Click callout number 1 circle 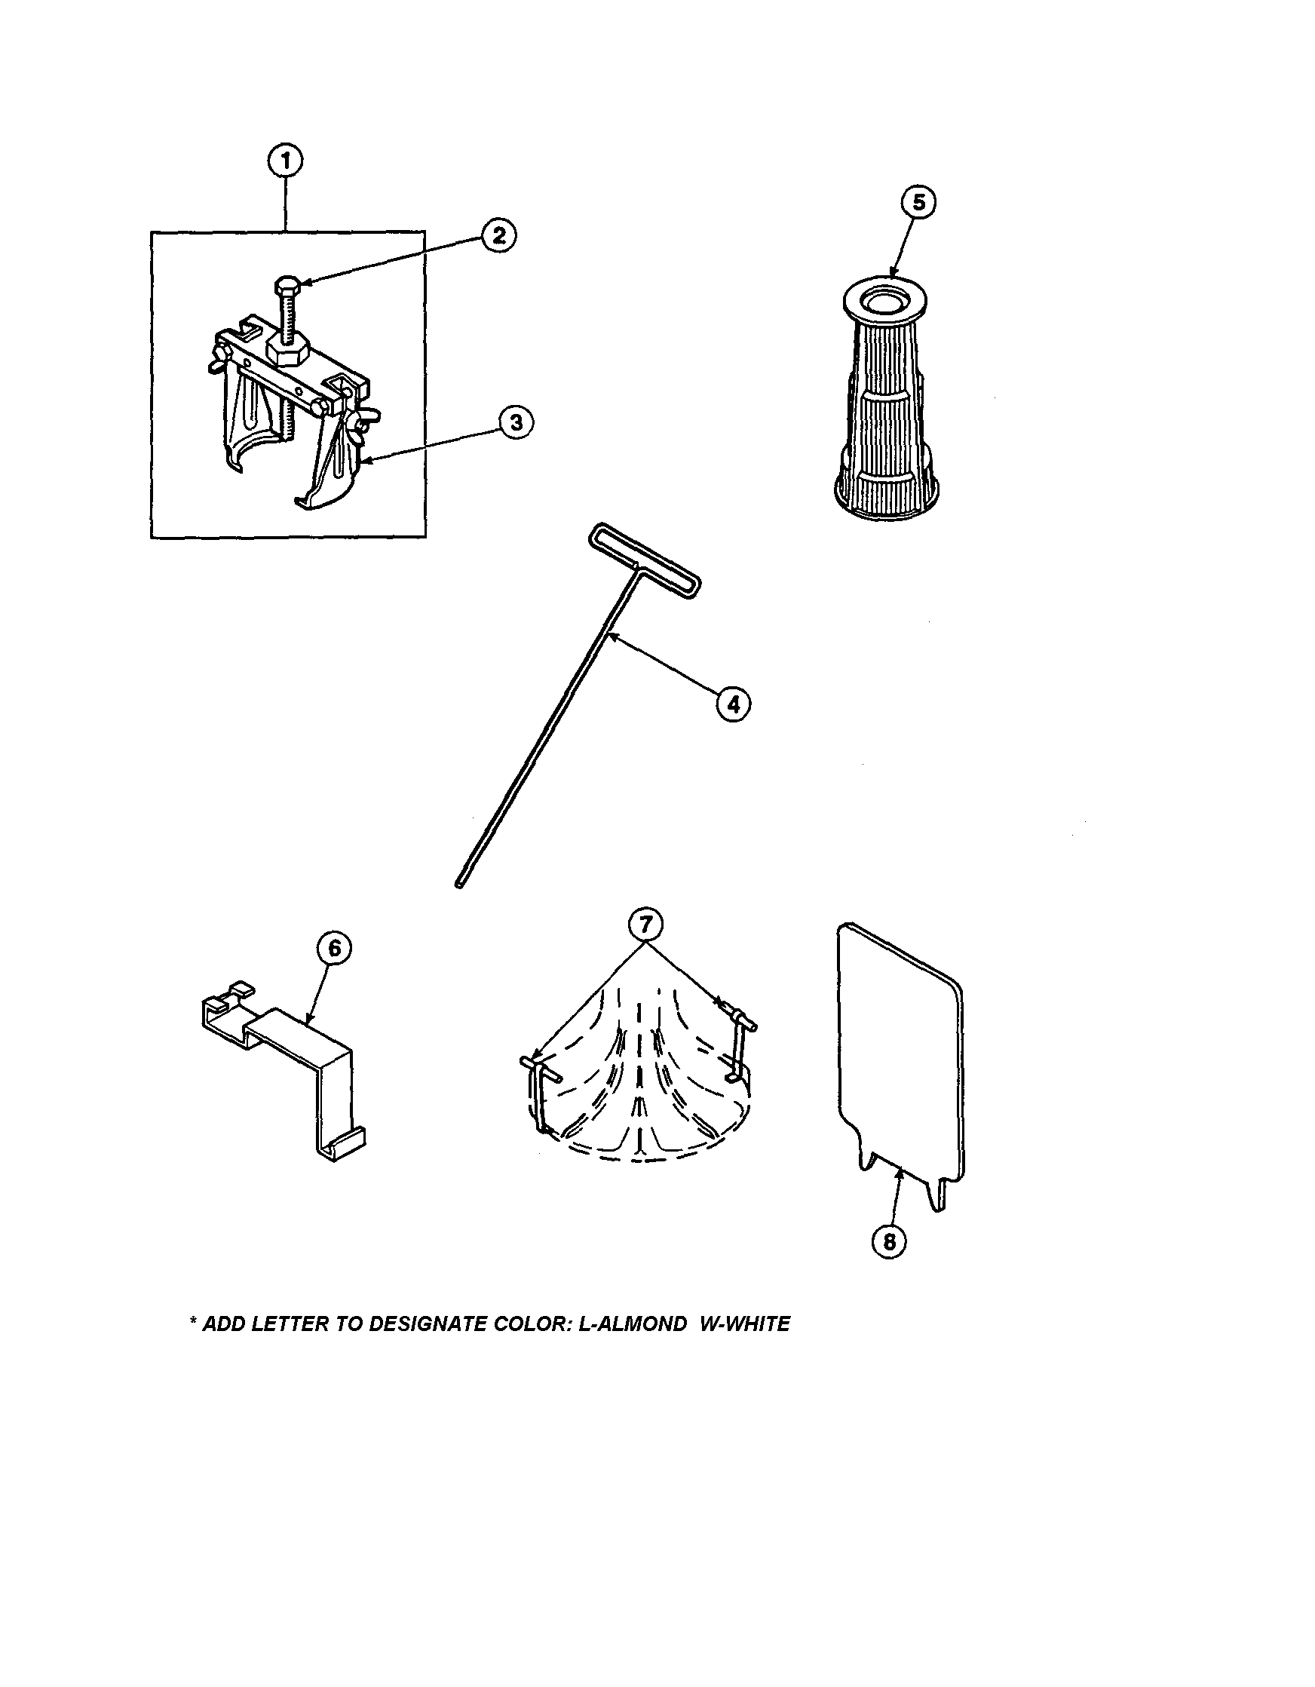click(x=285, y=161)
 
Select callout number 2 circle click(x=499, y=235)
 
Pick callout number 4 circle click(x=732, y=704)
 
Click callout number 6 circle click(x=333, y=949)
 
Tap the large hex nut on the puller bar click(x=287, y=351)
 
